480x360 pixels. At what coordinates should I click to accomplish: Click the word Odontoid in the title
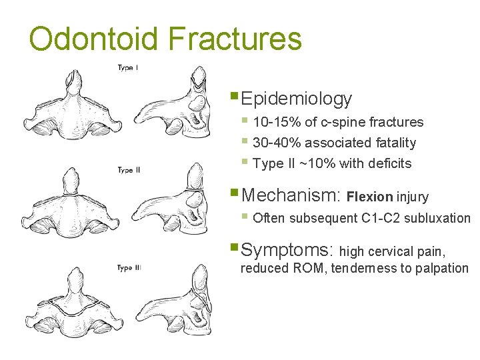pyautogui.click(x=94, y=39)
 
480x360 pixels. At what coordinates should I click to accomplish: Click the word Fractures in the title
pyautogui.click(x=236, y=39)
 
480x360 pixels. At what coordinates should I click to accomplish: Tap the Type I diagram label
pyautogui.click(x=128, y=67)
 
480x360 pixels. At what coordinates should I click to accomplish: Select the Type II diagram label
pyautogui.click(x=129, y=171)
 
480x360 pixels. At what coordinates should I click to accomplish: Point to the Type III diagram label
pyautogui.click(x=129, y=268)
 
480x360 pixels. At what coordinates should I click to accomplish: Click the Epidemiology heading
pyautogui.click(x=296, y=99)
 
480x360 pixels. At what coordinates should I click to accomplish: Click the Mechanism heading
pyautogui.click(x=291, y=195)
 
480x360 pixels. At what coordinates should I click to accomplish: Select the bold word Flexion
pyautogui.click(x=370, y=197)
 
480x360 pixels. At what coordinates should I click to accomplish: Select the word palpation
pyautogui.click(x=441, y=269)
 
